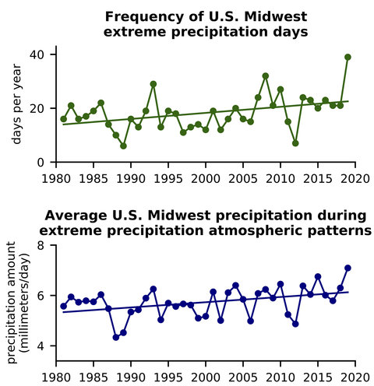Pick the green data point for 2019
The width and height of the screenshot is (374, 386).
(348, 57)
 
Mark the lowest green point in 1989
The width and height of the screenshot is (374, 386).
(123, 146)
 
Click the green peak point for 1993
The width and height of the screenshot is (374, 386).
(153, 84)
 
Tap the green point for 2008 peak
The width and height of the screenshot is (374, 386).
(266, 76)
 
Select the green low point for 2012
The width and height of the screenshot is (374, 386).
(295, 143)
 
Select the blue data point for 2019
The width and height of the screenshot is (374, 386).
(348, 268)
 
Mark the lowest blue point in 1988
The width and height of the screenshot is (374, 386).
(116, 337)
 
